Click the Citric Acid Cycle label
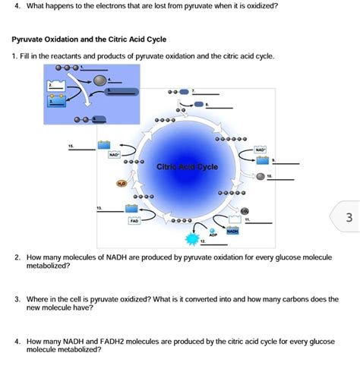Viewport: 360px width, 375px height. tap(188, 166)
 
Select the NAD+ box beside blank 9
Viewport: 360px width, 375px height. tap(261, 150)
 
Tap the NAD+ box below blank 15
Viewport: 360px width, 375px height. tap(115, 154)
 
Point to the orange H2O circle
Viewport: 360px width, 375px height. tap(122, 183)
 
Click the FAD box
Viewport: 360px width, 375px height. tap(133, 221)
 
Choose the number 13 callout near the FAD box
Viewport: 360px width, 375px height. tap(98, 206)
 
